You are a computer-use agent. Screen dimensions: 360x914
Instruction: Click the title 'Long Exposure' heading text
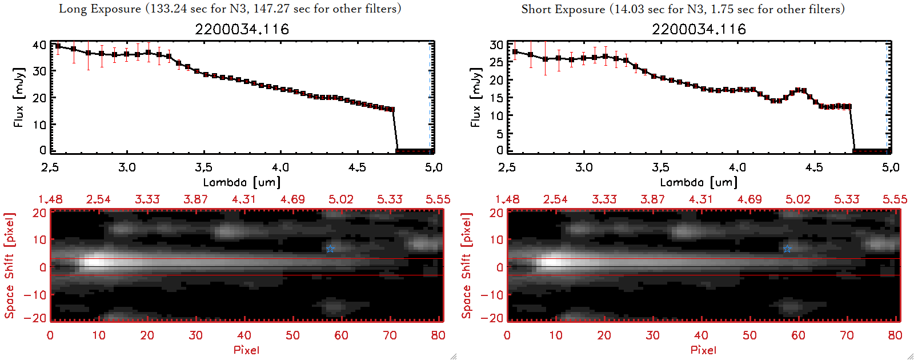pos(100,9)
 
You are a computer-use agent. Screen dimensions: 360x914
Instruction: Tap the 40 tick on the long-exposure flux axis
pos(39,45)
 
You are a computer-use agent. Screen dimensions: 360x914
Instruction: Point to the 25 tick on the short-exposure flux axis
pos(496,62)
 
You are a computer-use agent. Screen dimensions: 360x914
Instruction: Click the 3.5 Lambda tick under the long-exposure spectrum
pos(203,167)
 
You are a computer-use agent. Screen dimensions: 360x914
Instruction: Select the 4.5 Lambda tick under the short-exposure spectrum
pos(814,167)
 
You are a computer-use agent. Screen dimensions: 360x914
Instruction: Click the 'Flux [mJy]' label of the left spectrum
pos(19,97)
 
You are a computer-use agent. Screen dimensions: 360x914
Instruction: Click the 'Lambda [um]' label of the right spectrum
pos(699,182)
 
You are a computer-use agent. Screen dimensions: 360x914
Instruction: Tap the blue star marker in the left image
pos(330,249)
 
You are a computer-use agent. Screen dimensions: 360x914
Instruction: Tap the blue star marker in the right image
pos(787,249)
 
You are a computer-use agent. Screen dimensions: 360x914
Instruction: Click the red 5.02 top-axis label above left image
pos(341,199)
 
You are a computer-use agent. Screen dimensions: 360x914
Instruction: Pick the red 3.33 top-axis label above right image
pos(604,199)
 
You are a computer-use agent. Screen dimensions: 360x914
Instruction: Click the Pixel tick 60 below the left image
pos(341,335)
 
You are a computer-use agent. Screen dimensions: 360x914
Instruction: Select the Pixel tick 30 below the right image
pos(652,335)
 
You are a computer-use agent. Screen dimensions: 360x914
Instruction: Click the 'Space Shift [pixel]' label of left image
pos(9,266)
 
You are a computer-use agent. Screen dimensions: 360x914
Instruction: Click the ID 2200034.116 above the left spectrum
pos(242,29)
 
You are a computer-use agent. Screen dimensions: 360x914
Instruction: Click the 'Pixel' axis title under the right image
pos(703,350)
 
